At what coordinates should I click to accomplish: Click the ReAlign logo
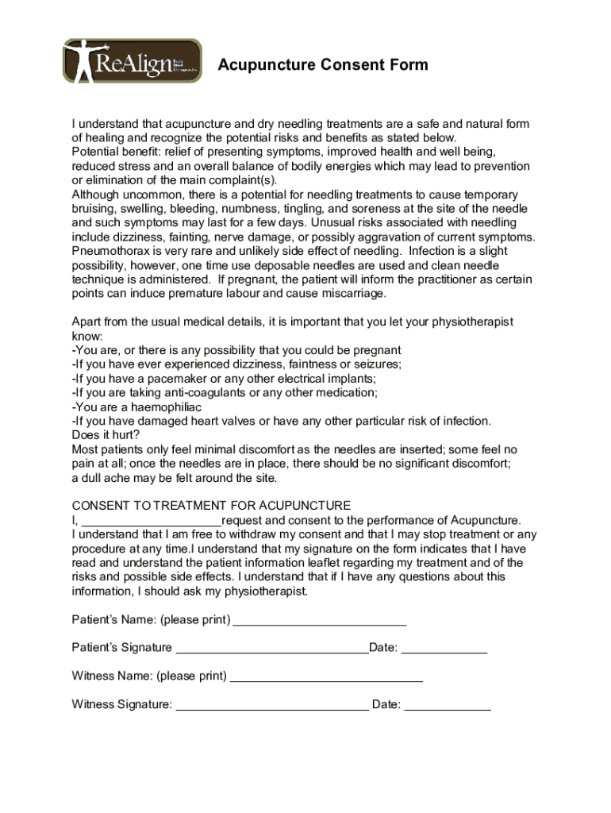132,61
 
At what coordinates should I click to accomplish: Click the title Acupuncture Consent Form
323,65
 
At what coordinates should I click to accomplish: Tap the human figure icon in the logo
79,60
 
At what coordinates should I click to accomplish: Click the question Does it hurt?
106,435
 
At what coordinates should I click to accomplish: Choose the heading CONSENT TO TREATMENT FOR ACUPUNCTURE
211,506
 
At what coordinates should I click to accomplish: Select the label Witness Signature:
122,704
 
